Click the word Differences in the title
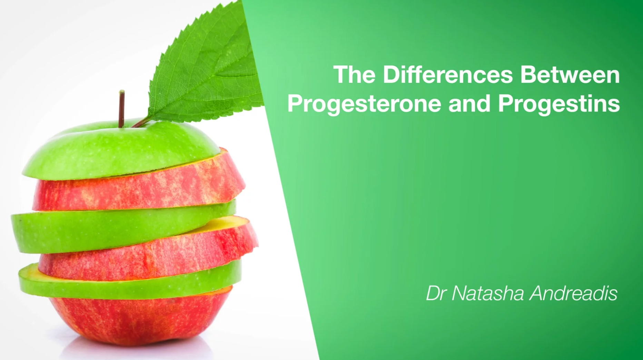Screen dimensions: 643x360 [x=448, y=74]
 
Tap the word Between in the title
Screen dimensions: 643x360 [x=570, y=74]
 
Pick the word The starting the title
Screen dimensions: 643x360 [x=354, y=74]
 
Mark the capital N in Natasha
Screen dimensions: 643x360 [x=459, y=293]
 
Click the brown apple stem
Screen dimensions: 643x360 [x=121, y=109]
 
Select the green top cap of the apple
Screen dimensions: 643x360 [x=120, y=150]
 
